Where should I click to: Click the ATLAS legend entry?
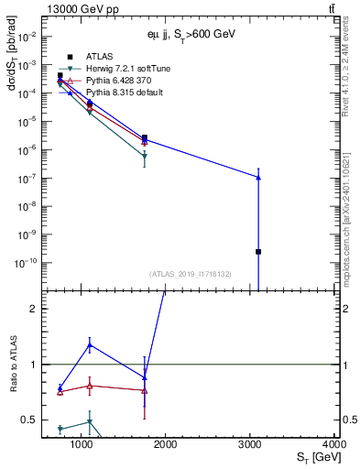98,57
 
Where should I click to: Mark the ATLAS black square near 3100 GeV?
258,251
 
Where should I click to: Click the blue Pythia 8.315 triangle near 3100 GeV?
258,177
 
